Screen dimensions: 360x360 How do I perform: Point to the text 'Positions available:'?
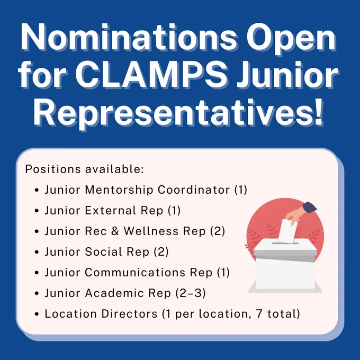click(x=85, y=169)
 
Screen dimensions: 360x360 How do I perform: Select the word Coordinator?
click(x=194, y=190)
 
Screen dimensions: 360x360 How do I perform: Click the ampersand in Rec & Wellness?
click(x=115, y=231)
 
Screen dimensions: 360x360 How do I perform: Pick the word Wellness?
click(x=151, y=231)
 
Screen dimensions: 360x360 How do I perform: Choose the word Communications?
click(x=135, y=273)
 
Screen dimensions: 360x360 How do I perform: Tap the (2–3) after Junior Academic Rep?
click(x=191, y=293)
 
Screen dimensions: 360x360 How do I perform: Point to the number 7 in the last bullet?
click(x=259, y=314)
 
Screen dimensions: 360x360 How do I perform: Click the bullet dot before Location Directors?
click(x=37, y=314)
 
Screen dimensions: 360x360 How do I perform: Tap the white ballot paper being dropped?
click(x=287, y=231)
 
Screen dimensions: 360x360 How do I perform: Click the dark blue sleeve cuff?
click(x=309, y=208)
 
